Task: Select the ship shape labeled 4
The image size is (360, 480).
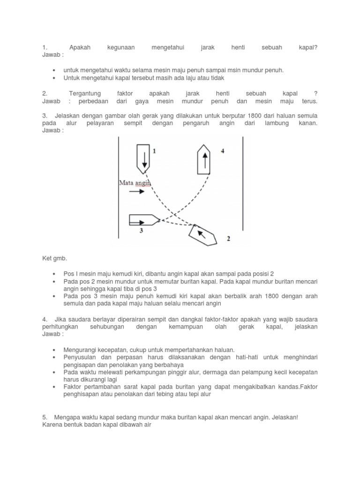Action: click(204, 159)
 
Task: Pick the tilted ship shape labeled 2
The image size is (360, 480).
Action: click(202, 234)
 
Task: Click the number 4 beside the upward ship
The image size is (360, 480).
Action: click(223, 151)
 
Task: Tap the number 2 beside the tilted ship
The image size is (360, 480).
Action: click(228, 239)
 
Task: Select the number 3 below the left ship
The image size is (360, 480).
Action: click(141, 230)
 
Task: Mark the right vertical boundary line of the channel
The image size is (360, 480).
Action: click(242, 187)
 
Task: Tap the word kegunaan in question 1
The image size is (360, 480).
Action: click(121, 48)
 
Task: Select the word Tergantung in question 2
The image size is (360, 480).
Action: click(85, 94)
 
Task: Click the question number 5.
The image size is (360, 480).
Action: click(45, 417)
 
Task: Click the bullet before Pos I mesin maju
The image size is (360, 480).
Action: click(54, 273)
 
